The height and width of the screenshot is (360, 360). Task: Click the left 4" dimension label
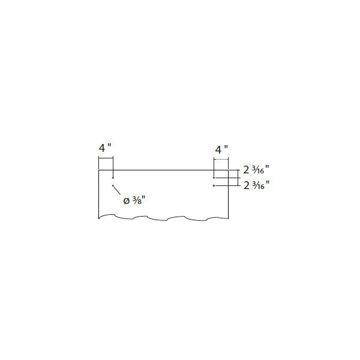[105, 148]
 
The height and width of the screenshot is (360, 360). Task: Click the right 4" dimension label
[221, 149]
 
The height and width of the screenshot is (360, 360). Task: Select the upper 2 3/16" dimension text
[256, 170]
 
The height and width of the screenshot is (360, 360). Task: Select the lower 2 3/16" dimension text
[256, 185]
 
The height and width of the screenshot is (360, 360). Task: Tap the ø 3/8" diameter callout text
[134, 200]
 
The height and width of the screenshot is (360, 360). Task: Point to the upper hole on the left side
[113, 178]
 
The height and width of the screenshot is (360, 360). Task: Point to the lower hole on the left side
[113, 185]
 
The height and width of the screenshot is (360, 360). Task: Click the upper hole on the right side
[214, 178]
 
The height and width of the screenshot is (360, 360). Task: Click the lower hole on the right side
[214, 185]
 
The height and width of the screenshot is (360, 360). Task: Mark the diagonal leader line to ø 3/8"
[117, 190]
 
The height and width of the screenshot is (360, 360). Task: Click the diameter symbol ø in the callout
[127, 202]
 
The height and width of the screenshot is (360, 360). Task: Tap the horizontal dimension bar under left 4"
[106, 158]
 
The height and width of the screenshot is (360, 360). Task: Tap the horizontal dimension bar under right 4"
[221, 158]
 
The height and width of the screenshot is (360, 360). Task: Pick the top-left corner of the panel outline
[99, 170]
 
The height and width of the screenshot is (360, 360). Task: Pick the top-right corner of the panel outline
[228, 170]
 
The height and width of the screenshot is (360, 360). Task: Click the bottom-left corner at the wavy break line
[99, 218]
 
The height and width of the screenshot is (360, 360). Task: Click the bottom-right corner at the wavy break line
[228, 218]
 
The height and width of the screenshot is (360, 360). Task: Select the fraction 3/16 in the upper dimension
[258, 170]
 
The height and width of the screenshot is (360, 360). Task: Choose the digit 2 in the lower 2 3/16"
[247, 185]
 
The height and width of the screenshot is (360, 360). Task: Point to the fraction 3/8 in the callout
[136, 200]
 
